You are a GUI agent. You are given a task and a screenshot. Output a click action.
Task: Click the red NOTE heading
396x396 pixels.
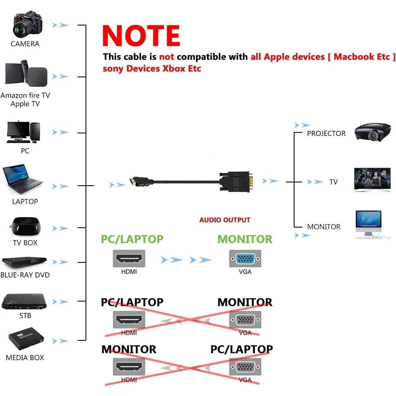click(141, 36)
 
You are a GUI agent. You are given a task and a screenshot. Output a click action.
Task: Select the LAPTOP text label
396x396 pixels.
click(25, 202)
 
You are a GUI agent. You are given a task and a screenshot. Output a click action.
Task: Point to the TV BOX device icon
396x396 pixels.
click(25, 226)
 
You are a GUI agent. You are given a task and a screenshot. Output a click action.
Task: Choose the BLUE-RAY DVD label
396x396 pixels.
click(25, 275)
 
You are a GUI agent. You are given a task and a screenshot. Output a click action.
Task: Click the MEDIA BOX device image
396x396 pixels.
click(26, 339)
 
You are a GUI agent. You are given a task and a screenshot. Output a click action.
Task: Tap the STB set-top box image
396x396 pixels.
click(24, 301)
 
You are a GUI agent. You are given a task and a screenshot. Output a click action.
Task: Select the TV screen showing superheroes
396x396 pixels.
click(372, 180)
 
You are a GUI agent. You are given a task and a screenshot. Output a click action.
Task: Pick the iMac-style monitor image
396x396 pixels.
click(369, 224)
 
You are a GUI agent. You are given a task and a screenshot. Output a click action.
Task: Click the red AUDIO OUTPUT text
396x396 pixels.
click(224, 220)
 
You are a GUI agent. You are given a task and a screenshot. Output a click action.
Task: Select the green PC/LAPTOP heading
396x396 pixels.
click(132, 239)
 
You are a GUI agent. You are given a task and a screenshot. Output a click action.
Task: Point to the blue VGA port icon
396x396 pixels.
click(245, 258)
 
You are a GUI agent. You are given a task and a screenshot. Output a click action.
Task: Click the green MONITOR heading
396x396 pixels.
click(245, 239)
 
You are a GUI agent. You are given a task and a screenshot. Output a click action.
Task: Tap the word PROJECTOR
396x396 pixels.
click(326, 133)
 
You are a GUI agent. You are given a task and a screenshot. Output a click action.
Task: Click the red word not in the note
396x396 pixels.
click(166, 57)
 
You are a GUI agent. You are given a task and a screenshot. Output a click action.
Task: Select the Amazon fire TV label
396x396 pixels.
click(25, 95)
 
